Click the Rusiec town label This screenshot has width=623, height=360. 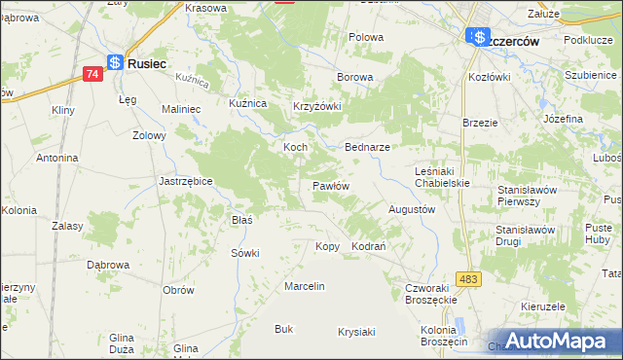click(x=147, y=62)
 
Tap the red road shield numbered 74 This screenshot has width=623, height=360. click(x=92, y=74)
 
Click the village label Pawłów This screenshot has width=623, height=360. click(x=330, y=185)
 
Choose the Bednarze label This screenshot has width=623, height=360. click(x=368, y=147)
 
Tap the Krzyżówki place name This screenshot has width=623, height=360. click(x=317, y=107)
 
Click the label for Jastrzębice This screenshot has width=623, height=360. click(x=185, y=181)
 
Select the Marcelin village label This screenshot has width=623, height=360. click(x=304, y=286)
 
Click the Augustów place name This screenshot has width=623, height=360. click(x=411, y=209)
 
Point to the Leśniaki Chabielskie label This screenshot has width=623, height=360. click(x=442, y=176)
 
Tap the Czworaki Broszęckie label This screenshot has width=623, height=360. click(x=431, y=295)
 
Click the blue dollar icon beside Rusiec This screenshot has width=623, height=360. click(x=115, y=62)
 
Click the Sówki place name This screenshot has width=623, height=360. click(x=244, y=253)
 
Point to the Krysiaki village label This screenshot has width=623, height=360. click(x=356, y=332)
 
